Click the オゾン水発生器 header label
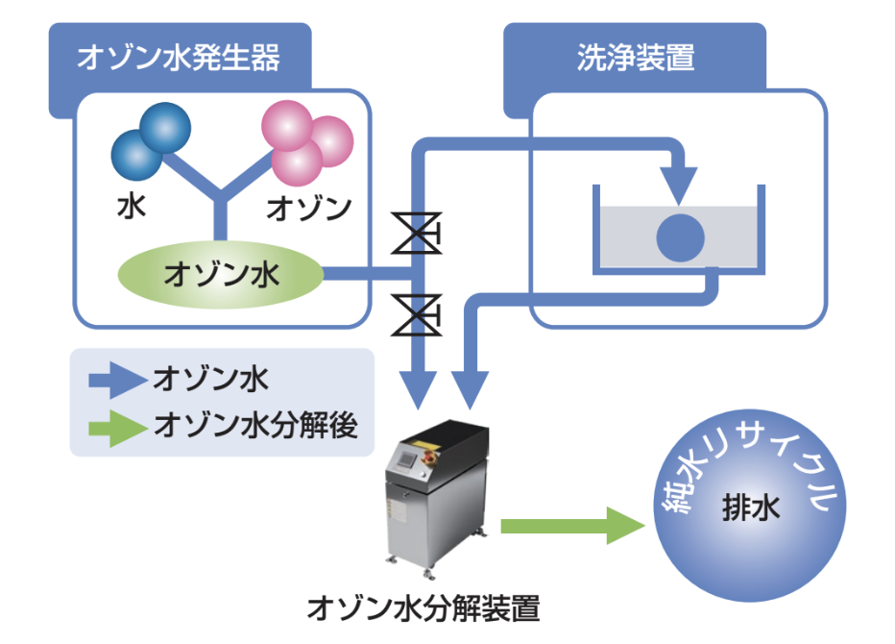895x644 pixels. pos(179,57)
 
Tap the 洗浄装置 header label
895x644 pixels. pos(636,57)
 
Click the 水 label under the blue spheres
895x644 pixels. pos(132,207)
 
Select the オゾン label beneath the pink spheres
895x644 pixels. pos(309,208)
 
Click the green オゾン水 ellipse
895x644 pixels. pos(220,275)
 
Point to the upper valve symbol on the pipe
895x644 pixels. pos(417,233)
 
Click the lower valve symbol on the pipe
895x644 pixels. pos(417,315)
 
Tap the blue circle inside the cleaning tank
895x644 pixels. pos(681,237)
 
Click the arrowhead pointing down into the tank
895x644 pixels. pos(679,186)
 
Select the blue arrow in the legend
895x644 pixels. pos(117,380)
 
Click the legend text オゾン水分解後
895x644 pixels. pos(255,426)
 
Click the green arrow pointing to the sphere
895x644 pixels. pos(572,526)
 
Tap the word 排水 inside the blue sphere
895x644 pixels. pos(751,508)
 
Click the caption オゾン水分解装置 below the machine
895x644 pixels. pos(423,608)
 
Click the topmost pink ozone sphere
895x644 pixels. pos(287,126)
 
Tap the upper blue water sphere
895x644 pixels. pos(165,128)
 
